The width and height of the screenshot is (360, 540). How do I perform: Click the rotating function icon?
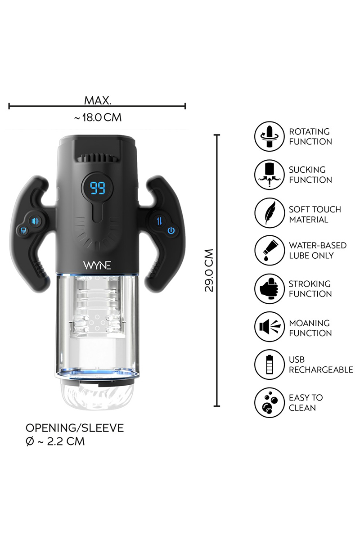click(269, 136)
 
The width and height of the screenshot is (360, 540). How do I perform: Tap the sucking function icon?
click(269, 175)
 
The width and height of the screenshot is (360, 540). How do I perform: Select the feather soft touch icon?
click(269, 214)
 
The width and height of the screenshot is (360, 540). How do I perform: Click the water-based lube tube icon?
click(269, 250)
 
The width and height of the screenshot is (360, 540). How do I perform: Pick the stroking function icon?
click(269, 289)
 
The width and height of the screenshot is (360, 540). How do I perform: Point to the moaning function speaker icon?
click(269, 328)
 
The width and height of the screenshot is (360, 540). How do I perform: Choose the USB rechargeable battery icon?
click(269, 364)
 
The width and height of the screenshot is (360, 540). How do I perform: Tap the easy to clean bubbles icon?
click(269, 403)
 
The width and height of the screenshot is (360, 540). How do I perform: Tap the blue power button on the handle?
click(171, 231)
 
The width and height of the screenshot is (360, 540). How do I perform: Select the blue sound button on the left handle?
click(35, 221)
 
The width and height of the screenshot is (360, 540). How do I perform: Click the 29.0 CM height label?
click(209, 270)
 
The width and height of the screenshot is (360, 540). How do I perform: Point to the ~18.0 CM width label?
click(98, 118)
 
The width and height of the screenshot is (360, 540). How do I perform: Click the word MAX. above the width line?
click(98, 100)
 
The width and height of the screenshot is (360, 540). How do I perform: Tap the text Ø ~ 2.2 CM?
click(55, 441)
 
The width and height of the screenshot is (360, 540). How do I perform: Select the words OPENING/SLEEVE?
click(74, 427)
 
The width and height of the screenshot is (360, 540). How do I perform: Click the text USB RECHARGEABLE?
click(321, 364)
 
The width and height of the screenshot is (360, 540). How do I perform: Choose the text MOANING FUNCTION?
click(310, 328)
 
